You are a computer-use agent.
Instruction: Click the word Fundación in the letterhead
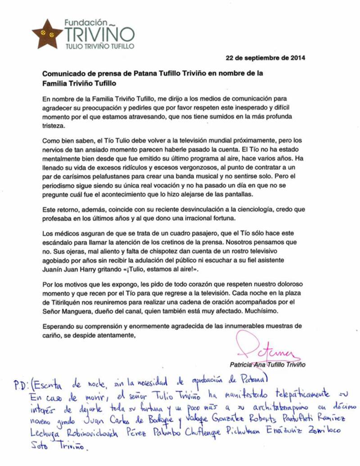point(86,22)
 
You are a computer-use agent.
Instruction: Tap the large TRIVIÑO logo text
point(99,35)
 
